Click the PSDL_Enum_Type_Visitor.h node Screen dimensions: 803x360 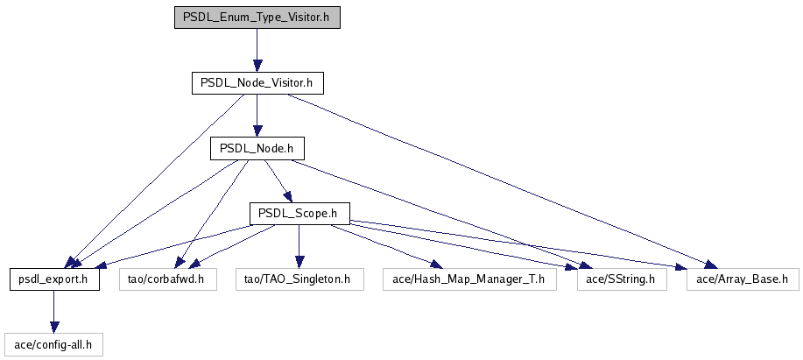[x=257, y=18]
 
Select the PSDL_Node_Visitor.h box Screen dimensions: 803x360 [x=257, y=83]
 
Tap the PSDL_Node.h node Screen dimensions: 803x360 [x=257, y=149]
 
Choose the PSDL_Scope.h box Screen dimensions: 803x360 [x=299, y=214]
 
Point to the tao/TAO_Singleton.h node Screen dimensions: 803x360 [x=299, y=279]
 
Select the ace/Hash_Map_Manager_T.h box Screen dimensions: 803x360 [x=470, y=279]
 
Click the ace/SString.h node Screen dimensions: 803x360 [x=622, y=279]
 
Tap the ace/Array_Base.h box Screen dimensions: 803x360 [x=743, y=279]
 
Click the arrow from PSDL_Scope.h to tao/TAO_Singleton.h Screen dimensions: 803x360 [x=299, y=246]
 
